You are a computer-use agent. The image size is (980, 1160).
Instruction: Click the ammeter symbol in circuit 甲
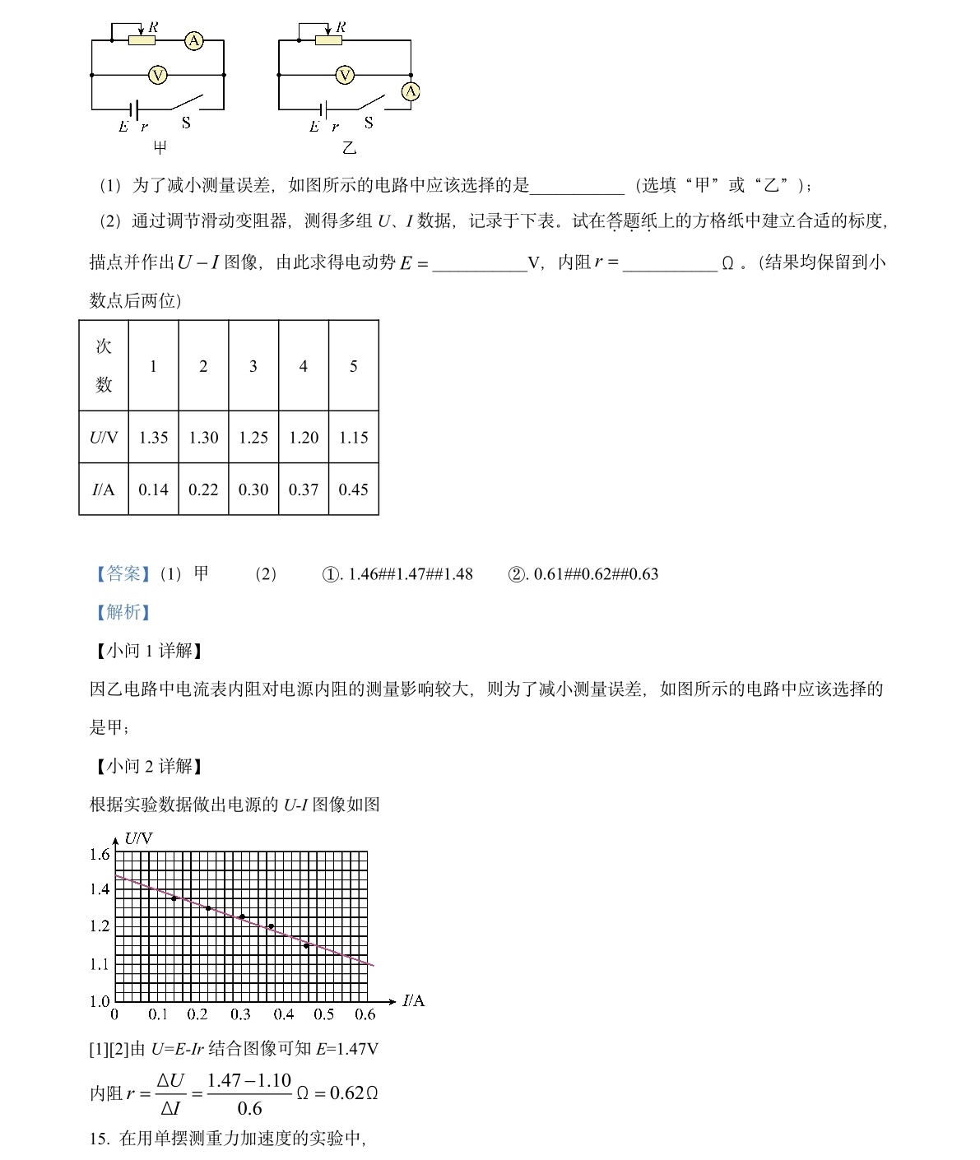tap(193, 40)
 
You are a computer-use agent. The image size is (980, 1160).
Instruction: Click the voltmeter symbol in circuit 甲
tap(157, 76)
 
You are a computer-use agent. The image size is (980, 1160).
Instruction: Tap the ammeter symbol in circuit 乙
tap(411, 91)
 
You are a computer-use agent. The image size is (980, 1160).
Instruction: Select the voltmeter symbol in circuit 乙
tap(345, 76)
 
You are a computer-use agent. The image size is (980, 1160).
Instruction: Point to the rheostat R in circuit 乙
tap(328, 39)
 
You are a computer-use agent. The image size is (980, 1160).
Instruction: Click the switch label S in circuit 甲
tap(186, 123)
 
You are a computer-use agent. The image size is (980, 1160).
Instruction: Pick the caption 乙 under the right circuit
tap(349, 147)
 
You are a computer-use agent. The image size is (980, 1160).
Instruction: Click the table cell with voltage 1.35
tap(153, 438)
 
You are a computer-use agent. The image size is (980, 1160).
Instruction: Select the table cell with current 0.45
tap(353, 490)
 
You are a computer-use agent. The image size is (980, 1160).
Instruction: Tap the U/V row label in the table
tap(104, 438)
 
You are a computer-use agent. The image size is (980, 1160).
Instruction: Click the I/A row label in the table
tap(104, 490)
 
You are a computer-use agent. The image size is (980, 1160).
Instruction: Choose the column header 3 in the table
tap(253, 366)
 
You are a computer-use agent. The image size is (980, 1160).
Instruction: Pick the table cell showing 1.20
tap(304, 438)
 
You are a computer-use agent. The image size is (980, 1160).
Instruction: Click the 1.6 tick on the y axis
tap(100, 855)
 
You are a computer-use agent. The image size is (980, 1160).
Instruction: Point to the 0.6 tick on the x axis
tap(365, 1014)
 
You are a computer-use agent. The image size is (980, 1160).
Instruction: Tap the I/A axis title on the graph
tap(414, 1000)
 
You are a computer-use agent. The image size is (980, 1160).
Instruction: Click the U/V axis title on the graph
tap(138, 838)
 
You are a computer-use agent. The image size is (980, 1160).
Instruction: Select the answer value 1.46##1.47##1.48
tap(410, 574)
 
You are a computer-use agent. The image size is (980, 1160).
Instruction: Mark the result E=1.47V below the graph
tap(347, 1049)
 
